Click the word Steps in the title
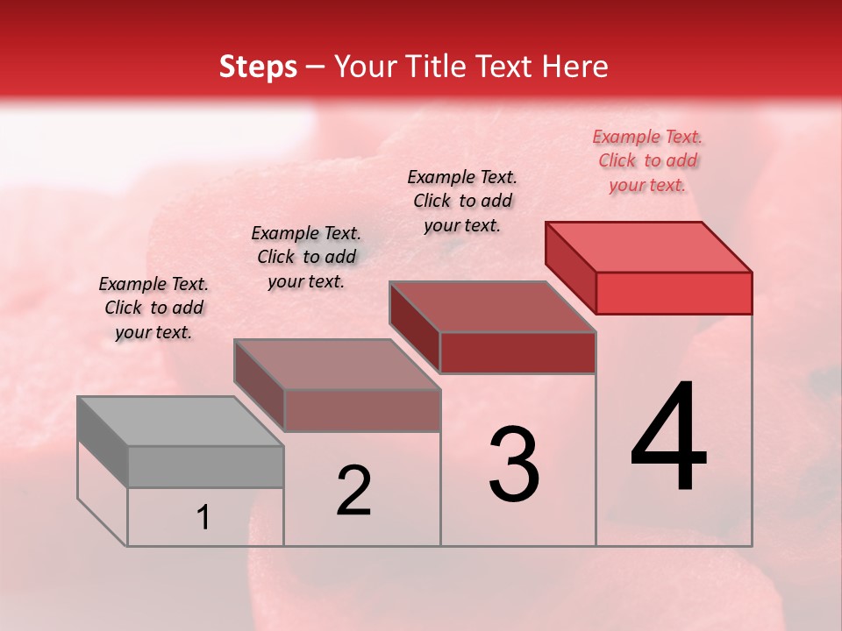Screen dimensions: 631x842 coord(258,67)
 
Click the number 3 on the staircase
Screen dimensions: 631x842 coord(514,464)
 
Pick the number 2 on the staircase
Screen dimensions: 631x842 coord(353,491)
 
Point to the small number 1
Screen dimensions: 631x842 coord(203,518)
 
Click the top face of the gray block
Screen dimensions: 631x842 coord(180,422)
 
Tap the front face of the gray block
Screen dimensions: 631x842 coord(205,466)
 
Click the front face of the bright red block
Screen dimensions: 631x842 coord(674,293)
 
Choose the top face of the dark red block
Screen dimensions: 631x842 coord(492,307)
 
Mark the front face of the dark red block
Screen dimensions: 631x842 coord(517,352)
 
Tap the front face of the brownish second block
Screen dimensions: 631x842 coord(361,410)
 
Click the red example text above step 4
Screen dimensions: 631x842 coord(647,161)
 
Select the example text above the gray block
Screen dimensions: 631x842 coord(153,308)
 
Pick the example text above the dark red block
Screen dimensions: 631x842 coord(462,201)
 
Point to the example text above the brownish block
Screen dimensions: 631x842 coord(306,257)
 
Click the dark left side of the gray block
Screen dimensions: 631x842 coord(103,442)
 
